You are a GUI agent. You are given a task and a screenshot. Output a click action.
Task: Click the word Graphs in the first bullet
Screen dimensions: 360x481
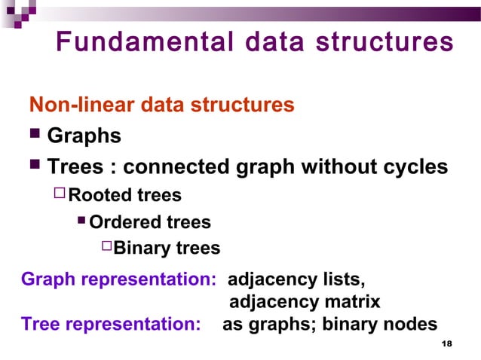84,136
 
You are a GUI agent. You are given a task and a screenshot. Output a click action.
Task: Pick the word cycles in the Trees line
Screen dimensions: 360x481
415,166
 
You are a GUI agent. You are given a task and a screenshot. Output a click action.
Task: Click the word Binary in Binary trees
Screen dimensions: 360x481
142,248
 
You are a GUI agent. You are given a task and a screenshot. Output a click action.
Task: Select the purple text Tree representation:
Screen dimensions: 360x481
111,325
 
